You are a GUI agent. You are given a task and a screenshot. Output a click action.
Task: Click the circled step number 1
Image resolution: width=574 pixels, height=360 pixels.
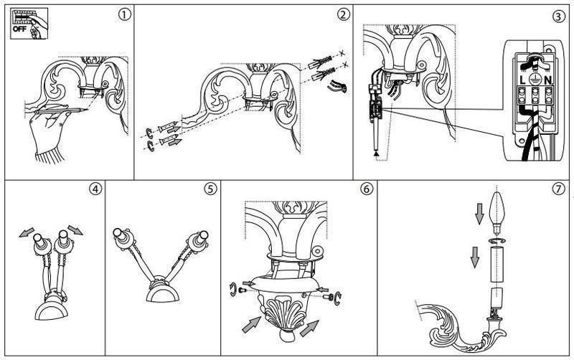124,15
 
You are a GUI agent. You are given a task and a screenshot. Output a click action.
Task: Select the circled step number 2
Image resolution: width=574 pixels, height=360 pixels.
343,14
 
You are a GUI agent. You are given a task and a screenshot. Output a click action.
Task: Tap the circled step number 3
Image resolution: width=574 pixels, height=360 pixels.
558,16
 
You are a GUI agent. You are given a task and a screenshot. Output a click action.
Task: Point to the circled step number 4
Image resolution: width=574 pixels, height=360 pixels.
95,189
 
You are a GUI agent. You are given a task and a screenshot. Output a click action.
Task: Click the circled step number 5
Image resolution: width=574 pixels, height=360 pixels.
210,189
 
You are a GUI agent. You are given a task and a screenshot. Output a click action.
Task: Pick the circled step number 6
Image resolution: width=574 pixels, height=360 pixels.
367,189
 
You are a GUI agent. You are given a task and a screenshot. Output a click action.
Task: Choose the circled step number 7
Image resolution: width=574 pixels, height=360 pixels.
558,189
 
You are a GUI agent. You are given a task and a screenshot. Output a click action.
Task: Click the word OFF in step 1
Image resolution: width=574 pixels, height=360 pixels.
19,29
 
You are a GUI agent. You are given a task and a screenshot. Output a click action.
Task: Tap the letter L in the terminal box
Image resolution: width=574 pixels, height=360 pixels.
522,80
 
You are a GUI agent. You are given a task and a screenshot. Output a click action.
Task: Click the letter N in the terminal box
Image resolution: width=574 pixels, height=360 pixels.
548,80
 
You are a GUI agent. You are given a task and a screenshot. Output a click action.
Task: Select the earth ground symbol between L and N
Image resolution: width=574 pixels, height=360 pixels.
535,80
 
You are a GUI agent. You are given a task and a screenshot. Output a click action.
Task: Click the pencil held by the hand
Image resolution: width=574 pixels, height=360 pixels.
61,110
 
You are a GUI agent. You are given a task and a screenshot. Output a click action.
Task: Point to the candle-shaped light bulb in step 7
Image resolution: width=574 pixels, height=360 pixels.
497,213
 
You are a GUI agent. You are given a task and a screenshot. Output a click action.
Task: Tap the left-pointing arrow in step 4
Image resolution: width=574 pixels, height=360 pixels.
27,232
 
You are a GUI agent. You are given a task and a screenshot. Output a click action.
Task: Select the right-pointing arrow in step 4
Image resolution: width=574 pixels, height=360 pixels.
75,229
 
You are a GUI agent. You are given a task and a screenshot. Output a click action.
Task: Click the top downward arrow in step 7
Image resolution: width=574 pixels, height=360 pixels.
479,214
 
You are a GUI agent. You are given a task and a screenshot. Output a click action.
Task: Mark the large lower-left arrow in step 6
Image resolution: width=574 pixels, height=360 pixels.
251,325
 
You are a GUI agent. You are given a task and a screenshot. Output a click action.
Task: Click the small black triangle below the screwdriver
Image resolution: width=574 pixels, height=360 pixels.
376,154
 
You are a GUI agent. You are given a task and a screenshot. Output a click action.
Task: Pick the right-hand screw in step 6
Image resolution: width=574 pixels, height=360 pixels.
328,297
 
